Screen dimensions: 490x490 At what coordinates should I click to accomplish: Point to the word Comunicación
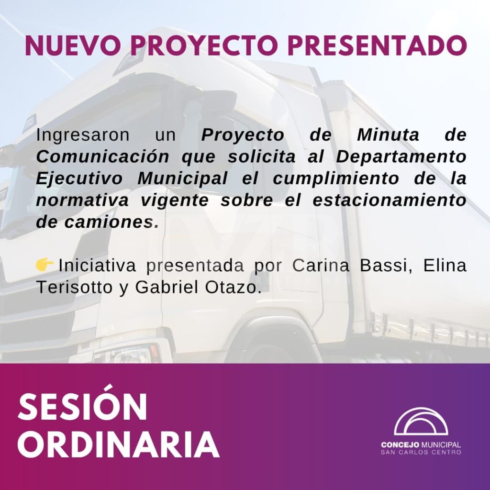click(x=103, y=156)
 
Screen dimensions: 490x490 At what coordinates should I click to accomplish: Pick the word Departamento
click(x=401, y=157)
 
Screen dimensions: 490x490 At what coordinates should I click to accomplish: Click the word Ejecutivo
click(x=79, y=179)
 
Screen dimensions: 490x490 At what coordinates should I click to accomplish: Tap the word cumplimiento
click(x=336, y=179)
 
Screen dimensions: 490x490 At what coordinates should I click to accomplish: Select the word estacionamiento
click(x=390, y=200)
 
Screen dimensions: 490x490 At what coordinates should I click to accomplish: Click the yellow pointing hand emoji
click(x=45, y=265)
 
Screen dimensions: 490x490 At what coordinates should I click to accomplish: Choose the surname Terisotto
click(x=74, y=288)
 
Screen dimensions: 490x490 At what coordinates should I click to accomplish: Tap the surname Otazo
click(x=233, y=288)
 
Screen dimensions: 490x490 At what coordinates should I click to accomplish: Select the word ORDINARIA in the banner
click(x=119, y=445)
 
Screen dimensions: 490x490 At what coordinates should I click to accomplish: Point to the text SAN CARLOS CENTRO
click(x=421, y=452)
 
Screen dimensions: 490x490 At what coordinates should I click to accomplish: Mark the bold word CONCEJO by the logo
click(x=401, y=445)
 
